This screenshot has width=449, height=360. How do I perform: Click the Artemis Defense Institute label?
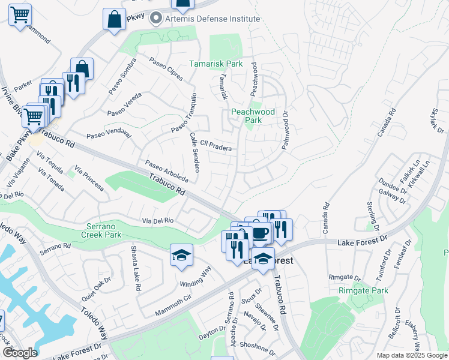coord(207,19)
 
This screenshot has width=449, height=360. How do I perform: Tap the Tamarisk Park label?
coord(216,63)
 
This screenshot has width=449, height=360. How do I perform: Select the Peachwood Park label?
coord(253,116)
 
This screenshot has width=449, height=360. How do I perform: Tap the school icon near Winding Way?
coord(181,255)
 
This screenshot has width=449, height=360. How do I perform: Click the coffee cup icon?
coord(259,233)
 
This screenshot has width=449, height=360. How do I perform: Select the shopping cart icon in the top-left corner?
coord(20,14)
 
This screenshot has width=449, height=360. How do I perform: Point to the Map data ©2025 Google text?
coord(412,355)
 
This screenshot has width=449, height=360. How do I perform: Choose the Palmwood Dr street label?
coord(286,130)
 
